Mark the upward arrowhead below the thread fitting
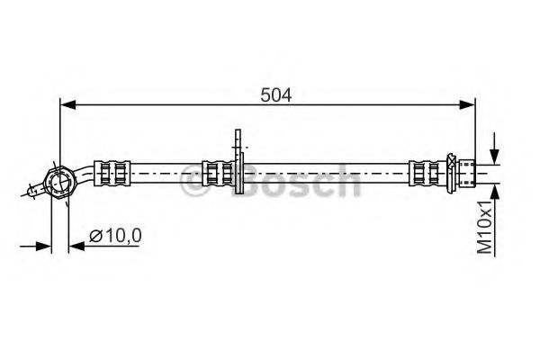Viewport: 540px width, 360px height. coord(494,190)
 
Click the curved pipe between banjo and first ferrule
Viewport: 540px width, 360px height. coord(85,174)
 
